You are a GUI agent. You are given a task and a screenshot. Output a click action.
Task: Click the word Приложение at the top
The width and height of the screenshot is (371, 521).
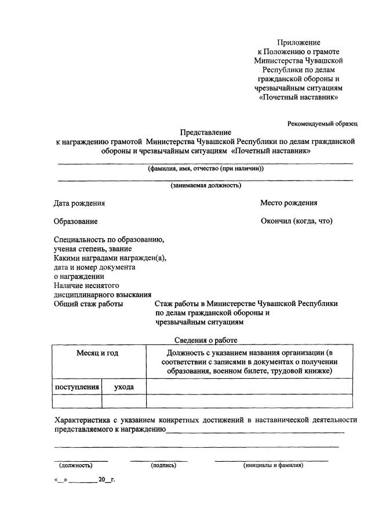(x=299, y=42)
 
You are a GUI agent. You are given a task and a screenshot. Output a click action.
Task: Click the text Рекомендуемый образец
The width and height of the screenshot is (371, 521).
(x=322, y=123)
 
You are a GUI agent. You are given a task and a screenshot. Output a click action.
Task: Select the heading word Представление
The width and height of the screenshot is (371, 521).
(x=206, y=132)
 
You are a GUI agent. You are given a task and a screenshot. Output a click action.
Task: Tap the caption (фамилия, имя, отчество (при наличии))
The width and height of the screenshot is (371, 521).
(x=206, y=168)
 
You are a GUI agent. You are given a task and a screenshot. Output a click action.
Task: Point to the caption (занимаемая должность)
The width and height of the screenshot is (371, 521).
(x=206, y=186)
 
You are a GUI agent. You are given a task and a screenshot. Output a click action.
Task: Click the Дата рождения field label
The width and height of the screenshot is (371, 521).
(x=79, y=203)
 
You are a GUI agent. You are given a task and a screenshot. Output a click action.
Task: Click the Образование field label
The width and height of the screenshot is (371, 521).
(x=76, y=221)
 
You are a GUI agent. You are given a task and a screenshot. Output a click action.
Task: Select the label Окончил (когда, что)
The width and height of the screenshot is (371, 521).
(x=296, y=221)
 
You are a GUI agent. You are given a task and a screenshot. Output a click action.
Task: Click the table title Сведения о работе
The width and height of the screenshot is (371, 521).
(x=206, y=340)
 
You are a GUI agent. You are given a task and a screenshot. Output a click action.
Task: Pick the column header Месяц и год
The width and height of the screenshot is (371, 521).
(x=99, y=353)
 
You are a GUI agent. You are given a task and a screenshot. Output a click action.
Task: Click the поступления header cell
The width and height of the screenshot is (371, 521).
(x=77, y=386)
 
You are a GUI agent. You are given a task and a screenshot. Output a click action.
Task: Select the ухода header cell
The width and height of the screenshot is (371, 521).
(x=124, y=386)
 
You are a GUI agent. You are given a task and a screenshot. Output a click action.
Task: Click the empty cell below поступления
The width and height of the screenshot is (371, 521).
(x=77, y=401)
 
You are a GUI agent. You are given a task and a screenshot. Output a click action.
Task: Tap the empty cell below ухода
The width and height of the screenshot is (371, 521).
(x=124, y=401)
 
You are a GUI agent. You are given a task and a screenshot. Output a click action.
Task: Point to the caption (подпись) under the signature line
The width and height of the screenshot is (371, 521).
(x=163, y=465)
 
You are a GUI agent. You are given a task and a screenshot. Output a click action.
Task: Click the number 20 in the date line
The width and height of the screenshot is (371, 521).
(x=103, y=481)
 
